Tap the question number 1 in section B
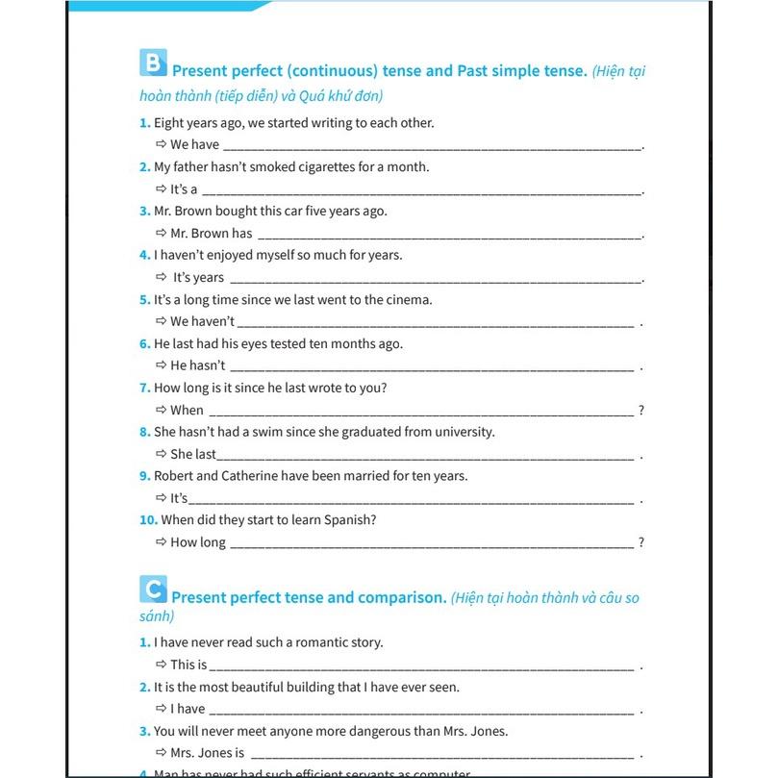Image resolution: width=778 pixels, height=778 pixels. pyautogui.click(x=144, y=123)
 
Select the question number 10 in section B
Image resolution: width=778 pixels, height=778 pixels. pyautogui.click(x=148, y=520)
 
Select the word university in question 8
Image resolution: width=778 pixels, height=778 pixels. pyautogui.click(x=464, y=432)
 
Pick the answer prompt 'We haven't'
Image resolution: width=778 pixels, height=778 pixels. pyautogui.click(x=202, y=322)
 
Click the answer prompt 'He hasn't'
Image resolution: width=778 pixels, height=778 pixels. pyautogui.click(x=197, y=366)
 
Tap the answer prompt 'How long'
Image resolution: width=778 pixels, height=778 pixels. pyautogui.click(x=198, y=542)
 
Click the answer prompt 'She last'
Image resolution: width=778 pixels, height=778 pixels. pyautogui.click(x=193, y=454)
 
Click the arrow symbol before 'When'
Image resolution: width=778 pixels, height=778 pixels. pyautogui.click(x=162, y=410)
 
